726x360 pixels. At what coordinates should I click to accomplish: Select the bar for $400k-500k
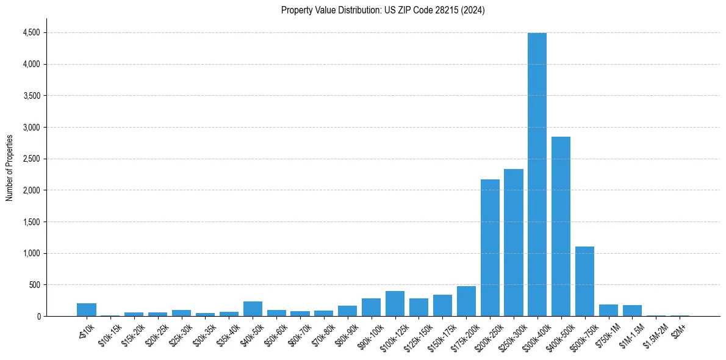coord(561,226)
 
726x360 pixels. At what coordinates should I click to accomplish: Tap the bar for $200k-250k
coord(490,248)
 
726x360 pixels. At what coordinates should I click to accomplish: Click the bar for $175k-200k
coord(466,301)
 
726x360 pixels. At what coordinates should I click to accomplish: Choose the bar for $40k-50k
coord(253,309)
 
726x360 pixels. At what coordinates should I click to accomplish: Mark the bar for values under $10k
coord(87,310)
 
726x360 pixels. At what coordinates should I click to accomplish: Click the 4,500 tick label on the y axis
coord(31,32)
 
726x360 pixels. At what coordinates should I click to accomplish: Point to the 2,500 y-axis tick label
coord(31,159)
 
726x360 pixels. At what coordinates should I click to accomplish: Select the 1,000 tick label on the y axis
coord(31,253)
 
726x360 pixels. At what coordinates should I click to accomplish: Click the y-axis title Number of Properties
coord(9,167)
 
